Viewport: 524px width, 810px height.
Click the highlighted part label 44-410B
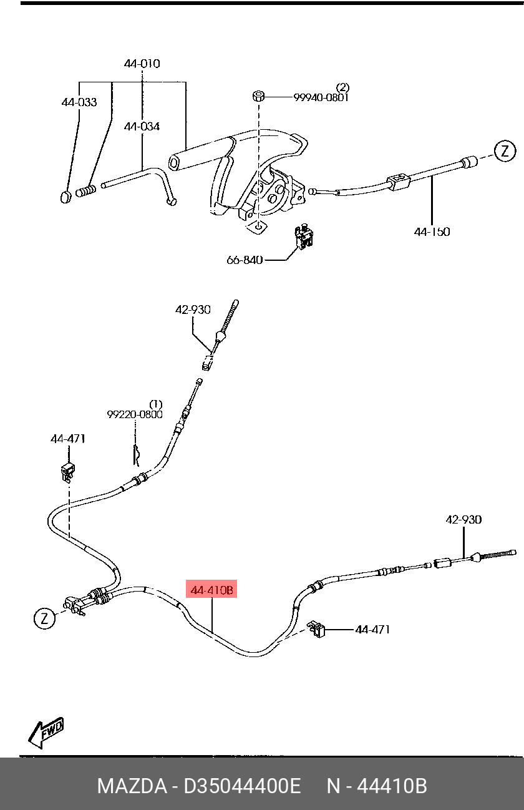pos(213,590)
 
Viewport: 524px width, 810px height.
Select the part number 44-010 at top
pos(142,64)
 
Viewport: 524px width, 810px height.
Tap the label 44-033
pos(79,102)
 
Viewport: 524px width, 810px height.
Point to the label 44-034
pos(142,127)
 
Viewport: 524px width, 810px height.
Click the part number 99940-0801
pos(321,97)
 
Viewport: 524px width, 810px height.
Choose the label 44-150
pos(432,232)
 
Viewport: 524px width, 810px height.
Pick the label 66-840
pos(245,260)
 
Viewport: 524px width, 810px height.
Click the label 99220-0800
pos(135,414)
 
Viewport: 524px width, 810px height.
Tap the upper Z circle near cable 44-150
pos(505,150)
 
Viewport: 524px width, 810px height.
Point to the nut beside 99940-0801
pos(259,96)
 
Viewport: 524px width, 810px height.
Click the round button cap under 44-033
pos(65,197)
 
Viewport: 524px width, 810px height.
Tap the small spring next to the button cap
pos(87,190)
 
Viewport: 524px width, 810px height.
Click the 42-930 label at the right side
pos(463,519)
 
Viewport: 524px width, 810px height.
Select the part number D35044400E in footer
pos(242,786)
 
